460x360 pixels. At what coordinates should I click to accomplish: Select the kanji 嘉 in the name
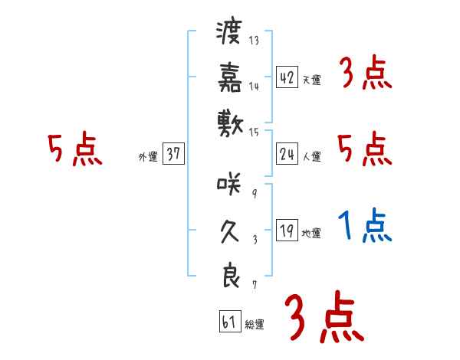pos(229,77)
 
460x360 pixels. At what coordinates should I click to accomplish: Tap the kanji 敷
pos(229,120)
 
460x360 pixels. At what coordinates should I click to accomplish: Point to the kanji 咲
pos(229,184)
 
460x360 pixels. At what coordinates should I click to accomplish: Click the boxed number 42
pos(287,77)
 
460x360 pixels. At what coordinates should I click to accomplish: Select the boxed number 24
pos(287,154)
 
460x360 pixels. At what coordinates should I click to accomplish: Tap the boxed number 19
pos(287,231)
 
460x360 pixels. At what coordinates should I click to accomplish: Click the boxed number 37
pos(172,154)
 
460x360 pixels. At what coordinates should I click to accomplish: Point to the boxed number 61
pos(228,322)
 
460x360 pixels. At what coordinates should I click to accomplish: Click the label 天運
pos(311,80)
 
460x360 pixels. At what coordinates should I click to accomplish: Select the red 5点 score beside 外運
pos(74,149)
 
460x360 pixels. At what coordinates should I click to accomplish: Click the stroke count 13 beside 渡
pos(254,41)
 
